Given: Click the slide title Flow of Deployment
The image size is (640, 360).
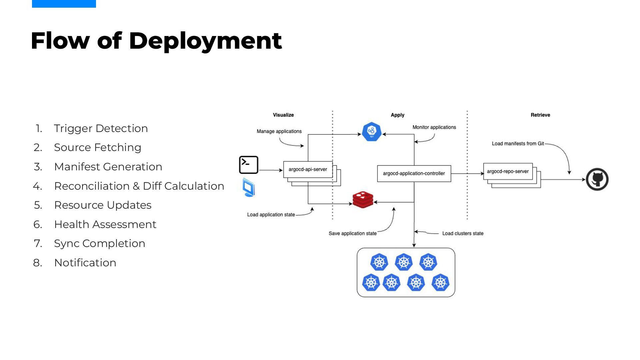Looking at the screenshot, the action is click(x=156, y=41).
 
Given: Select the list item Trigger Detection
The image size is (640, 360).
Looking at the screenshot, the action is click(x=101, y=128).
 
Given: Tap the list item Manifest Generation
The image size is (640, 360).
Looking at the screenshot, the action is click(x=108, y=167).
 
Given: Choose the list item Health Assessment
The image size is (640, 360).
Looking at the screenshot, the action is click(x=105, y=224).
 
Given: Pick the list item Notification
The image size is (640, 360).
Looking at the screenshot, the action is click(x=85, y=263).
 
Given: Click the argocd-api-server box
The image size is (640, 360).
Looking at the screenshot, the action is click(x=308, y=169).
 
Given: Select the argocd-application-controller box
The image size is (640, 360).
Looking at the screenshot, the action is click(x=414, y=173).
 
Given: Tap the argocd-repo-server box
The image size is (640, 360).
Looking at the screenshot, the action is click(x=508, y=171).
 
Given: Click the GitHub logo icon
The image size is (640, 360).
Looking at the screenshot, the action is click(x=597, y=179).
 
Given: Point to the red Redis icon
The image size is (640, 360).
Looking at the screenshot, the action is click(x=363, y=199).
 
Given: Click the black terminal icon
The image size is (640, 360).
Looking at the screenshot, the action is click(x=249, y=165).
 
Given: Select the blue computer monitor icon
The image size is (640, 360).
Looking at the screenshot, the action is click(x=249, y=187).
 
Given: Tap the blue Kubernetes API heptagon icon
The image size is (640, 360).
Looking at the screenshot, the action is click(x=372, y=132).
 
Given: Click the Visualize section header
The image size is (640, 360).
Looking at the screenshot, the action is click(x=283, y=115).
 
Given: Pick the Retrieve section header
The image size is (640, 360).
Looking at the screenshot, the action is click(x=540, y=115).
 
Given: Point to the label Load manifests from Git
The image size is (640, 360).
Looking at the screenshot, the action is click(x=518, y=144).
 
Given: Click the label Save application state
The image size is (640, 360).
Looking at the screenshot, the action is click(x=353, y=233).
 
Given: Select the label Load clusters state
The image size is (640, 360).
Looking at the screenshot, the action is click(x=463, y=233).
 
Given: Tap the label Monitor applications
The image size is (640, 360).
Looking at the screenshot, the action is click(x=434, y=127).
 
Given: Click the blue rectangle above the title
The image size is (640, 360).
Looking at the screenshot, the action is click(x=64, y=4).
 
